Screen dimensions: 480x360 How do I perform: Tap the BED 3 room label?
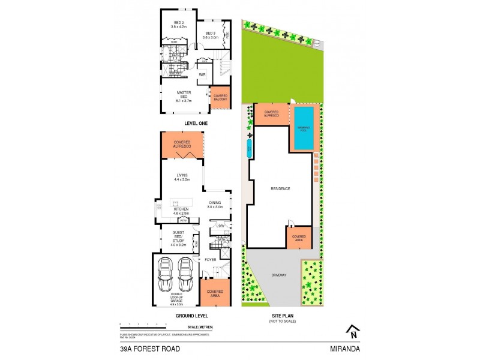210,35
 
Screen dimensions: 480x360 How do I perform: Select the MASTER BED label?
183,96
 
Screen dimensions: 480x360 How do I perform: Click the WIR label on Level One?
202,74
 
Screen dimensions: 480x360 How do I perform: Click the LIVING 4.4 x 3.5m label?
182,176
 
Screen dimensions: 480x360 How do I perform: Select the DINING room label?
215,204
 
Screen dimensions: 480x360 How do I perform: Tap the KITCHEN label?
181,211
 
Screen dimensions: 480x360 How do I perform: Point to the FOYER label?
209,260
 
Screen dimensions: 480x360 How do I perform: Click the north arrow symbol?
354,331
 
